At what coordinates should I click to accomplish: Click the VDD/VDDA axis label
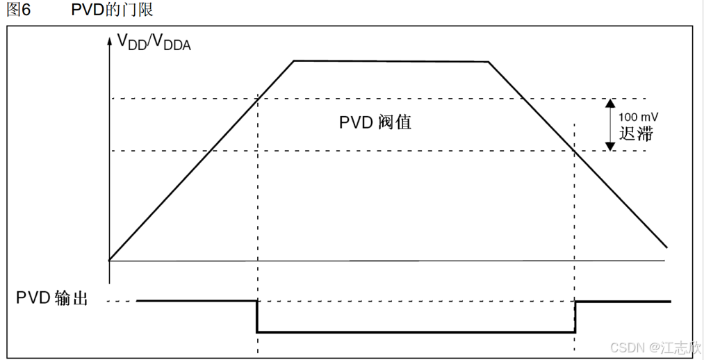(153, 42)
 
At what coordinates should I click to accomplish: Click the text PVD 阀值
(375, 122)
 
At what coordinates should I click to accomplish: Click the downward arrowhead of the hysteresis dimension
(609, 146)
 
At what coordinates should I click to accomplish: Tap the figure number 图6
(18, 10)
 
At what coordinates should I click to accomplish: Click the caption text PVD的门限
(113, 10)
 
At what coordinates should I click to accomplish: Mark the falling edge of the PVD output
(257, 316)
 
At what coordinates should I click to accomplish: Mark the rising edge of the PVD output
(575, 316)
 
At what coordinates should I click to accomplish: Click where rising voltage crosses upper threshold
(257, 98)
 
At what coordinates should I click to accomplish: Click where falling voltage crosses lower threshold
(575, 151)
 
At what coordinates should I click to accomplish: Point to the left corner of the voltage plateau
(294, 61)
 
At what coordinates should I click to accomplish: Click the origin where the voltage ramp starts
(109, 260)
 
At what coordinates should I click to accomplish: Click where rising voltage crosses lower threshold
(207, 151)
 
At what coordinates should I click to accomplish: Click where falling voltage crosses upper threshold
(523, 98)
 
